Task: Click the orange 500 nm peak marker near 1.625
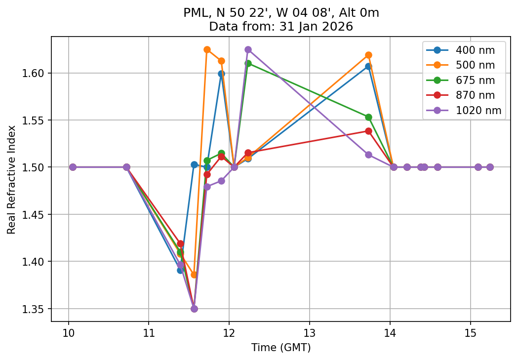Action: (207, 49)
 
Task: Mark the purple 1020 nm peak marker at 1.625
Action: (248, 49)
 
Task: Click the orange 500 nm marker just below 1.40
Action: (194, 275)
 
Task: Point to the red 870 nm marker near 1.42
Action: (180, 243)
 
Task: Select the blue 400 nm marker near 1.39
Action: (180, 270)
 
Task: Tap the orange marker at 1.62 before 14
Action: (368, 55)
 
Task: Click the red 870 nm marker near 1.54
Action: (368, 131)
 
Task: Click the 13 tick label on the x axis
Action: (310, 332)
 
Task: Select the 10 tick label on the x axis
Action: (68, 332)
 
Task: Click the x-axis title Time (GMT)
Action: (281, 348)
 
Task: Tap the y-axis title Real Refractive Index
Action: (11, 179)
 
